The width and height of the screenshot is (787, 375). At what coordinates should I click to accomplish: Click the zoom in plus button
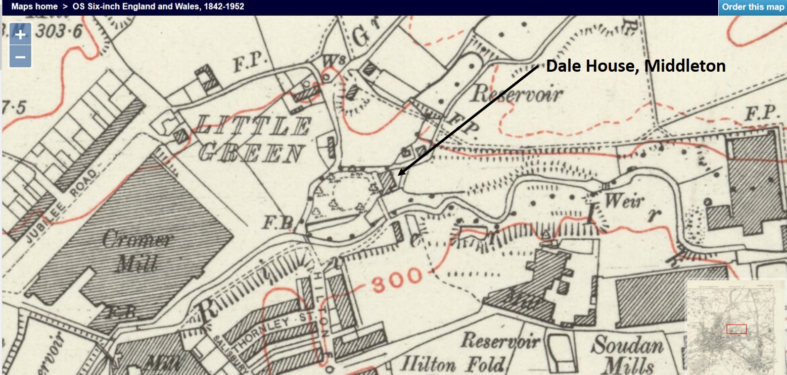pyautogui.click(x=20, y=35)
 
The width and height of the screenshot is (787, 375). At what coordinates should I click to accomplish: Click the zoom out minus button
pyautogui.click(x=20, y=57)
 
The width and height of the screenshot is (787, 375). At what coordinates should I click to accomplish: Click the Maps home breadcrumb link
pyautogui.click(x=34, y=7)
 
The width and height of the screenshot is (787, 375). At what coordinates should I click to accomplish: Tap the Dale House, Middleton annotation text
pyautogui.click(x=635, y=66)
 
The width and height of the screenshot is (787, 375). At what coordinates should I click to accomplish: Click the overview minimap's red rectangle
pyautogui.click(x=736, y=329)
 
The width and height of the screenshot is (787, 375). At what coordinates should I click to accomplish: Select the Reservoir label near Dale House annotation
pyautogui.click(x=516, y=93)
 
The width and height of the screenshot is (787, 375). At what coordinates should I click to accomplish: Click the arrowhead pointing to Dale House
pyautogui.click(x=399, y=174)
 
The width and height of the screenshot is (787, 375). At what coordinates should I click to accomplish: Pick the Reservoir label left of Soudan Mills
pyautogui.click(x=499, y=341)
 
